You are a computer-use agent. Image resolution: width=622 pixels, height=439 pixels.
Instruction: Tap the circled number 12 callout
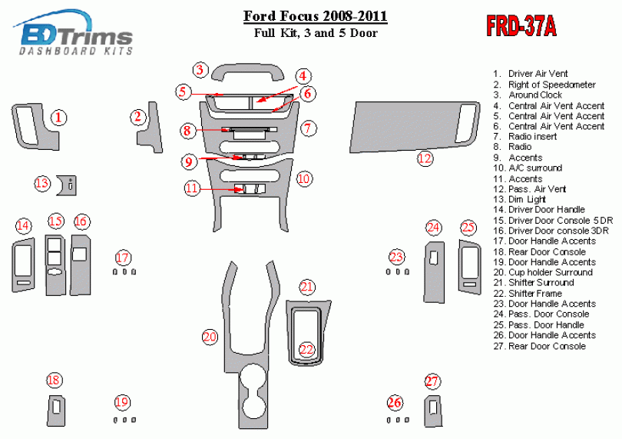click(x=425, y=159)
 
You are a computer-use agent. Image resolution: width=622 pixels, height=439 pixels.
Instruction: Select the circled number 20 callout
click(x=210, y=337)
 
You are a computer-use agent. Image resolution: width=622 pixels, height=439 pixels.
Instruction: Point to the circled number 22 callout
click(x=306, y=350)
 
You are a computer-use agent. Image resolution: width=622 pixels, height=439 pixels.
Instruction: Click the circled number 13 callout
click(x=42, y=183)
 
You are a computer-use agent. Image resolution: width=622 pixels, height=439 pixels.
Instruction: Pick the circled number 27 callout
click(x=433, y=382)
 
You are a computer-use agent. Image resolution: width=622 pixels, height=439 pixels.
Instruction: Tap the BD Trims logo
click(x=77, y=37)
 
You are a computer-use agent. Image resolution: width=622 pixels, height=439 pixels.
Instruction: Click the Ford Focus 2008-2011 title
click(x=315, y=15)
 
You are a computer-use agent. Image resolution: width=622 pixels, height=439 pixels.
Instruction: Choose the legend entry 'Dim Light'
click(x=525, y=199)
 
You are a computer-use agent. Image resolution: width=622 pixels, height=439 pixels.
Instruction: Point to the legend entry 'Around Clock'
click(x=535, y=95)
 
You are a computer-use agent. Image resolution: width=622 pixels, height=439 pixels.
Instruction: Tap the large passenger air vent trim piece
click(x=407, y=127)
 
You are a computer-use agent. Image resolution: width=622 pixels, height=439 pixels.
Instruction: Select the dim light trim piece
click(x=68, y=185)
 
